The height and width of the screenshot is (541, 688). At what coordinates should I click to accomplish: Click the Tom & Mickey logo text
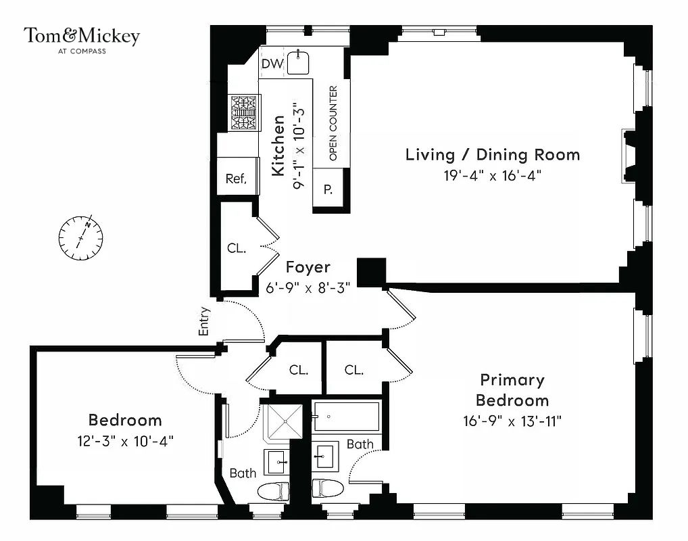[82, 37]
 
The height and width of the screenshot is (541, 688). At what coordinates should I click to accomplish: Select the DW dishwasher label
[271, 64]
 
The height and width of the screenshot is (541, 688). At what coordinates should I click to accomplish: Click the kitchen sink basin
[297, 63]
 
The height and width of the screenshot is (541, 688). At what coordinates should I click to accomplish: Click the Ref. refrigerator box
[236, 179]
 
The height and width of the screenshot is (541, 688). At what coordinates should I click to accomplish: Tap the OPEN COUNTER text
[333, 124]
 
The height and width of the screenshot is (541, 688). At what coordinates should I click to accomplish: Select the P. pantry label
[328, 190]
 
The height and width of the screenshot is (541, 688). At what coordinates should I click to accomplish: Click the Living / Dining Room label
[492, 154]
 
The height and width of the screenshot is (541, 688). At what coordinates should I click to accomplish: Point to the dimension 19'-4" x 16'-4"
[492, 176]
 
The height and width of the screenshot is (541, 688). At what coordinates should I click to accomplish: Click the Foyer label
[308, 267]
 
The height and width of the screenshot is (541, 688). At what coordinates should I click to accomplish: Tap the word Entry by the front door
[205, 322]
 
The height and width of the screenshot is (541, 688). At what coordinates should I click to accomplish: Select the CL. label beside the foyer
[236, 248]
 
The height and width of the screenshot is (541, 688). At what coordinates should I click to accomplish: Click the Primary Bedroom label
[512, 389]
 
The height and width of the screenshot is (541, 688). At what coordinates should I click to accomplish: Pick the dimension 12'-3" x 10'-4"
[125, 441]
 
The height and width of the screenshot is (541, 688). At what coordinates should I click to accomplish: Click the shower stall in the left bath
[285, 423]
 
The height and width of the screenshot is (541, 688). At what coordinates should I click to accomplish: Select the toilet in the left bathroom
[274, 490]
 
